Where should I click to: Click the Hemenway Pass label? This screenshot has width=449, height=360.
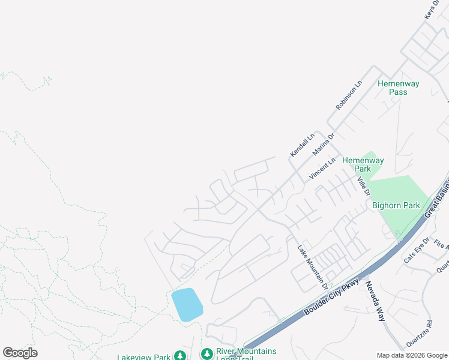coord(398,88)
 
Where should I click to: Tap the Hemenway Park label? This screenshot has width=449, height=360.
coord(363,164)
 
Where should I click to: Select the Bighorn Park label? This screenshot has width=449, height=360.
coord(396,205)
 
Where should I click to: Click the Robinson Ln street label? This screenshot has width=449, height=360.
coord(349,95)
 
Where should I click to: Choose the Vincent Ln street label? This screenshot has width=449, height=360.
coord(322,169)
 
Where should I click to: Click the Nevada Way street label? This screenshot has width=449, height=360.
coord(375,301)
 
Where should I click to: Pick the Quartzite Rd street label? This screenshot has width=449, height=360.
coord(419,334)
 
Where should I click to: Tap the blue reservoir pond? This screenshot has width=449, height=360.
coord(187,304)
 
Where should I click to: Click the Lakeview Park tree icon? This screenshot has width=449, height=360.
coord(179,356)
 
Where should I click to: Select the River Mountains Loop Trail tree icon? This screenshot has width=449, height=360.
coord(206,354)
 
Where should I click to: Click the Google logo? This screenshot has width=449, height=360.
coord(20,353)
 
